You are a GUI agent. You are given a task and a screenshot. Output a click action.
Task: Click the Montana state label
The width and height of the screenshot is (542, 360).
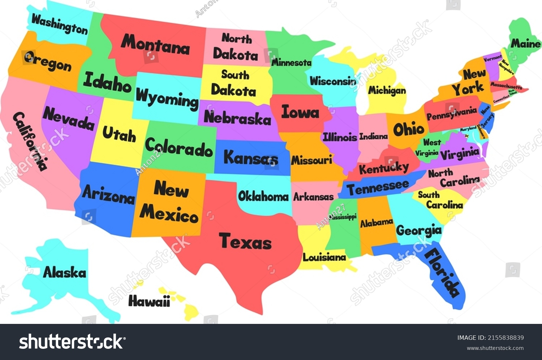click(x=155, y=45)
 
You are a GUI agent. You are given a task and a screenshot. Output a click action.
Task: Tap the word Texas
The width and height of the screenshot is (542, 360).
click(x=245, y=241)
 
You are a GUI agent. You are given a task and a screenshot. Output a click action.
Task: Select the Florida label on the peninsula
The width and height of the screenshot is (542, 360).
click(x=442, y=273)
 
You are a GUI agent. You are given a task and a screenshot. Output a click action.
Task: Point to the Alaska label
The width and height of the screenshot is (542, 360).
click(x=65, y=272)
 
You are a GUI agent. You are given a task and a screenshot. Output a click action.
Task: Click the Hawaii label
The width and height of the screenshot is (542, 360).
click(x=149, y=301)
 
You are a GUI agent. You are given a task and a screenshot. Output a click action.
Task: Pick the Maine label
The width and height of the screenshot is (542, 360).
click(x=525, y=44)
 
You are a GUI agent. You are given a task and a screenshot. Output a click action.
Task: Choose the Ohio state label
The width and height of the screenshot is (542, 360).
click(x=409, y=129)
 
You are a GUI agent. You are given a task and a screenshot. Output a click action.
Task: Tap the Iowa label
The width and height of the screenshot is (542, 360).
click(x=300, y=112)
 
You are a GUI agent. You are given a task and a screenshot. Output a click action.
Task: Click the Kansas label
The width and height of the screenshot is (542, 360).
click(x=251, y=158)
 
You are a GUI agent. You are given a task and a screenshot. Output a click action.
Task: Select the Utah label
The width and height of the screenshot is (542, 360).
click(x=119, y=134)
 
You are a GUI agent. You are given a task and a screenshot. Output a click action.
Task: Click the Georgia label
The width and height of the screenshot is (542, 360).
click(x=419, y=230)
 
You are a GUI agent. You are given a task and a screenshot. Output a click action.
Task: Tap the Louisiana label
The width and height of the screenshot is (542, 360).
click(x=324, y=257)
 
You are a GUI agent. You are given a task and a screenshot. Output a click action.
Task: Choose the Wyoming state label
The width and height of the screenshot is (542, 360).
click(x=167, y=98)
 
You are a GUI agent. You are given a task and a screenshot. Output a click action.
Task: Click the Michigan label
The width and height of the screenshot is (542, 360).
click(x=387, y=90)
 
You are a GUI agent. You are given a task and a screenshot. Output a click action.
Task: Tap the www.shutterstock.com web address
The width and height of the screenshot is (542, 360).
click(x=495, y=348)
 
